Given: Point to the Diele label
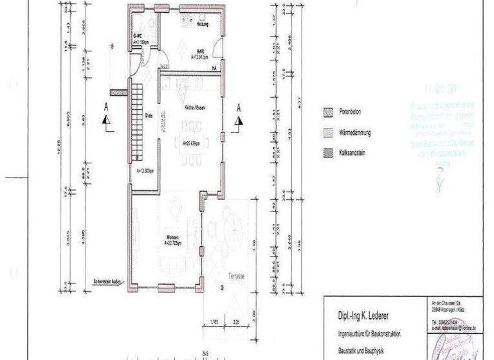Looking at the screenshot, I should pyautogui.click(x=148, y=116).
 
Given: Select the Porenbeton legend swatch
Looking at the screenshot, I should pyautogui.click(x=327, y=111).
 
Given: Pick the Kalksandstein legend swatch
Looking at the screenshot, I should pyautogui.click(x=327, y=154).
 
